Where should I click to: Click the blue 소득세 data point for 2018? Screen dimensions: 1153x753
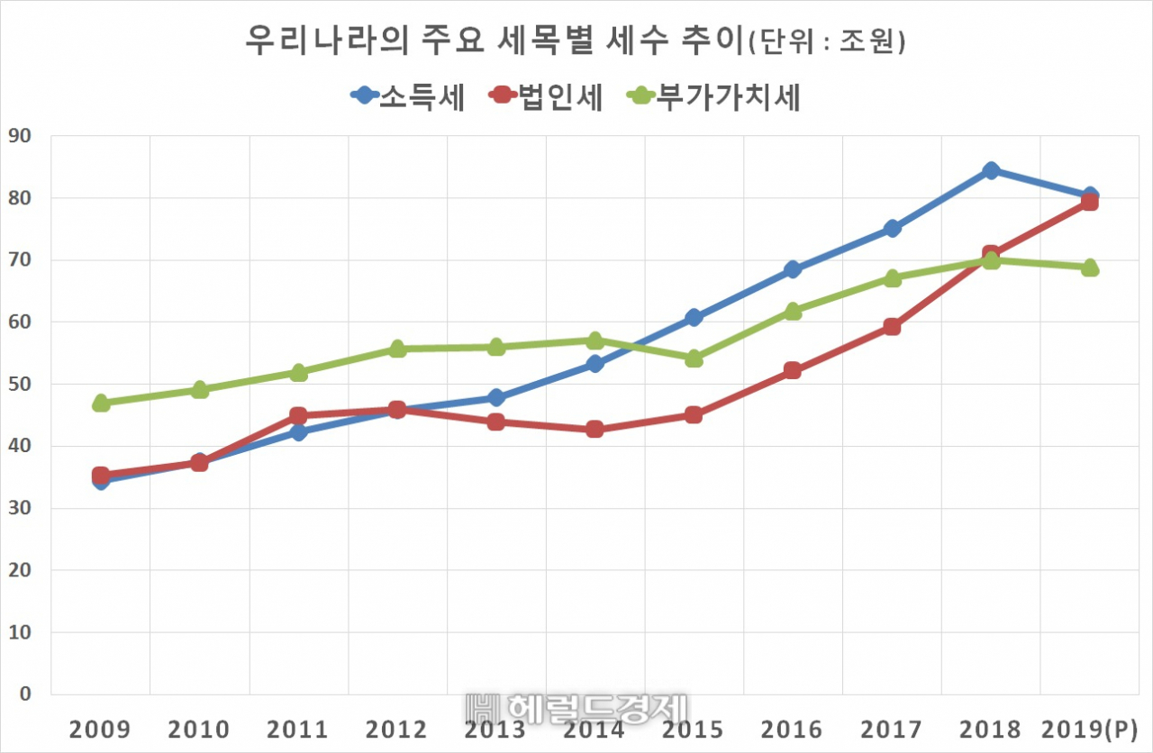pos(991,170)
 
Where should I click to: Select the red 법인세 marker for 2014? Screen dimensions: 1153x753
pos(595,429)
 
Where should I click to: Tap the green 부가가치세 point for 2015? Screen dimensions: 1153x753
pos(694,358)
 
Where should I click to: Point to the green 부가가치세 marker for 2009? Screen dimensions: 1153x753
pos(101,403)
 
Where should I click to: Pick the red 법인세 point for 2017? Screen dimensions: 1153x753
pos(892,327)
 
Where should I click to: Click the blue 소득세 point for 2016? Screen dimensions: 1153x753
pos(794,268)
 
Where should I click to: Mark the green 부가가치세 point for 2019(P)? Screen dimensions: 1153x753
pos(1090,268)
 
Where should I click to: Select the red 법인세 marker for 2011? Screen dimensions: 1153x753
pos(298,415)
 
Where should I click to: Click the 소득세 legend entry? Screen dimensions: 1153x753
pos(408,96)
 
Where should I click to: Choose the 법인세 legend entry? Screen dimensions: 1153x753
pos(545,96)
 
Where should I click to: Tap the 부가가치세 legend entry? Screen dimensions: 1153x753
pos(713,96)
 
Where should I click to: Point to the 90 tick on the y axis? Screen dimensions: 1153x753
pos(20,136)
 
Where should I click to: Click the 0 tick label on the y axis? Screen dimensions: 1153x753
pos(25,694)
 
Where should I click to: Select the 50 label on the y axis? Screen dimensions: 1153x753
pos(20,384)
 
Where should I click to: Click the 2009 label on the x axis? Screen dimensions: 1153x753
pos(100,730)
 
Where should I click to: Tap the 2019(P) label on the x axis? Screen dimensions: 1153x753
pos(1090,730)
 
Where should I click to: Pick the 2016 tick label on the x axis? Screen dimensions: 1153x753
pos(792,730)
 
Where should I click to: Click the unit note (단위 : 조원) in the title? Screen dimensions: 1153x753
pos(827,41)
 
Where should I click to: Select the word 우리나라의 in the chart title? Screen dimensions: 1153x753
pos(327,41)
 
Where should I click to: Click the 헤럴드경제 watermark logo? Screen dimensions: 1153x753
pos(576,709)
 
